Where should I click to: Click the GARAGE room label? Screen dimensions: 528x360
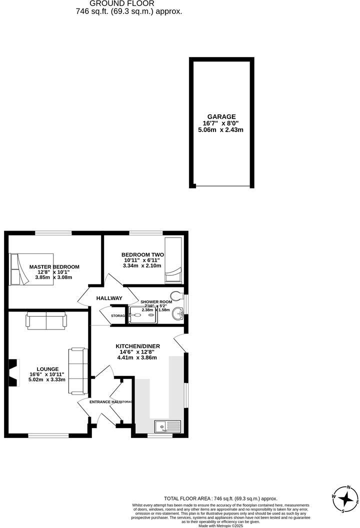pyautogui.click(x=221, y=116)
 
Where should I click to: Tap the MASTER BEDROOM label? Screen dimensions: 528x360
pyautogui.click(x=54, y=267)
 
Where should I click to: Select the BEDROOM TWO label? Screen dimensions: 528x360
pyautogui.click(x=144, y=254)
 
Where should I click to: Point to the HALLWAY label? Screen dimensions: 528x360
pyautogui.click(x=109, y=298)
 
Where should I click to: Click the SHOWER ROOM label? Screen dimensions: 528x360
pyautogui.click(x=156, y=302)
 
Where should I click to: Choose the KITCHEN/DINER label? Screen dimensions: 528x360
pyautogui.click(x=135, y=346)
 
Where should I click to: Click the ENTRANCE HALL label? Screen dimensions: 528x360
pyautogui.click(x=105, y=402)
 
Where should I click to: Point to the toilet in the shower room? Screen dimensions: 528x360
pyautogui.click(x=176, y=294)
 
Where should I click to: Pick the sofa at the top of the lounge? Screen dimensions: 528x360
pyautogui.click(x=46, y=320)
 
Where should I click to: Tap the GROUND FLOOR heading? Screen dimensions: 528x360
pyautogui.click(x=128, y=3)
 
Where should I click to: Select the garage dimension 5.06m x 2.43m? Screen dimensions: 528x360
pyautogui.click(x=220, y=130)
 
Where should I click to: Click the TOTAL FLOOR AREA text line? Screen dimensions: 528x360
pyautogui.click(x=220, y=498)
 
